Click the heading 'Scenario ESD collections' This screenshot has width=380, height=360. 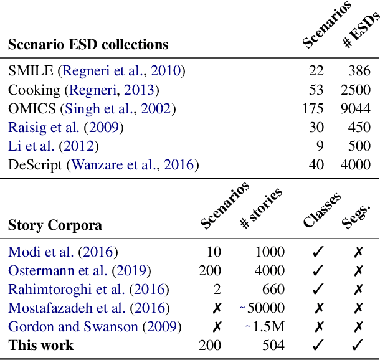[88, 45]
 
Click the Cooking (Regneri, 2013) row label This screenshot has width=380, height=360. [83, 90]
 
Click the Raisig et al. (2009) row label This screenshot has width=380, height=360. [65, 128]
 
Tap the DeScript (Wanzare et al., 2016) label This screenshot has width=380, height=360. [103, 165]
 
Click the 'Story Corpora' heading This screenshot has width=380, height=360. [55, 225]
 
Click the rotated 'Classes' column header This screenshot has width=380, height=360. [322, 210]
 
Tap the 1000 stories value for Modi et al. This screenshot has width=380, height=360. [269, 252]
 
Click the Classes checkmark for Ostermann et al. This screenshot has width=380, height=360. [318, 271]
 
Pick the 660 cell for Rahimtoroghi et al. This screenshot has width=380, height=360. [273, 290]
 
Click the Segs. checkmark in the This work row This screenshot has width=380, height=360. [358, 345]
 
